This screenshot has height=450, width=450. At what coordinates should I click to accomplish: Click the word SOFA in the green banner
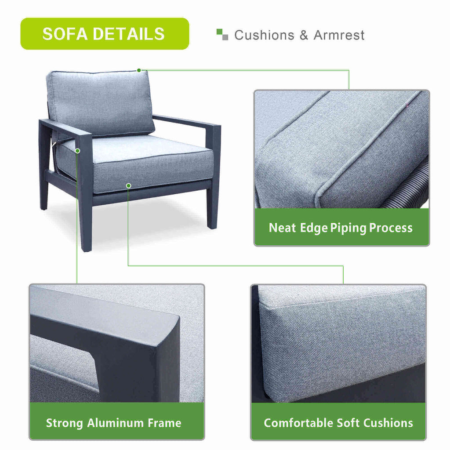(65, 34)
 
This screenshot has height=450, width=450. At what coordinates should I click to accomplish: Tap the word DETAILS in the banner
(129, 34)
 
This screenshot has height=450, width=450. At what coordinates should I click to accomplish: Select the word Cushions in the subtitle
(264, 35)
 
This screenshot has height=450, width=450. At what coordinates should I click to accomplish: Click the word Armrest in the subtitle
(339, 35)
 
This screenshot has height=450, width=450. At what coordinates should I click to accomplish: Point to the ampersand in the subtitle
(304, 35)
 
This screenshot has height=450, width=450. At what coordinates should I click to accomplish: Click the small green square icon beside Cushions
(220, 32)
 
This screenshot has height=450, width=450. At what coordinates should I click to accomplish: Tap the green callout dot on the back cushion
(139, 70)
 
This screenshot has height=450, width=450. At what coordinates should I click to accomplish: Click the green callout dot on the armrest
(77, 151)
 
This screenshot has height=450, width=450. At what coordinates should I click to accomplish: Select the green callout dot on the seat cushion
(129, 186)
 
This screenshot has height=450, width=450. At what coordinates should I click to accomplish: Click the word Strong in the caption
(65, 424)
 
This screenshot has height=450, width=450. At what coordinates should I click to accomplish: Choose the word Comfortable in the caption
(298, 423)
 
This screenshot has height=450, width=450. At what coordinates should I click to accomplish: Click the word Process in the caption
(391, 228)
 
